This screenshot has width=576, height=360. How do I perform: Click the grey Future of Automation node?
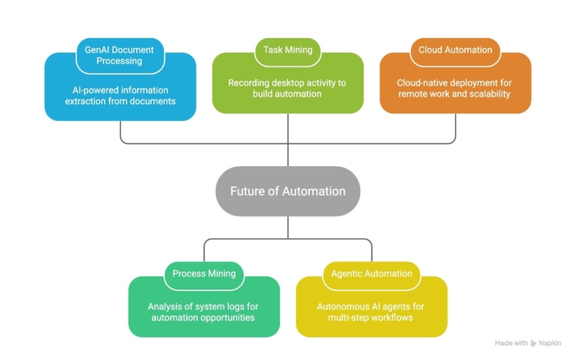click(288, 191)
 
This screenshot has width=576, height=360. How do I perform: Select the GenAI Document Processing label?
click(119, 55)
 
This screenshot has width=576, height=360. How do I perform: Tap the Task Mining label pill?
click(288, 50)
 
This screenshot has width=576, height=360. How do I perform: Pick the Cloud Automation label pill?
click(456, 50)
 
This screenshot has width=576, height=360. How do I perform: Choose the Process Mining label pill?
click(204, 274)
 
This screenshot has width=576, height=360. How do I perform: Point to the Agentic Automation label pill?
click(372, 274)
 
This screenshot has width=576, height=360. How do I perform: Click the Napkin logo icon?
click(533, 343)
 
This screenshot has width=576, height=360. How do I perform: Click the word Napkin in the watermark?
click(550, 343)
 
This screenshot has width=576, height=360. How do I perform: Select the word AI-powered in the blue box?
click(89, 88)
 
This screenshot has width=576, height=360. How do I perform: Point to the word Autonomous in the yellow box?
click(340, 306)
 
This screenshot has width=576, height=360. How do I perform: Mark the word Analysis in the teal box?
click(166, 306)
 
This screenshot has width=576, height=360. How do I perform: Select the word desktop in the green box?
click(294, 82)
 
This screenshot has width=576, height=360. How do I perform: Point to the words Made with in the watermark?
click(511, 343)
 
